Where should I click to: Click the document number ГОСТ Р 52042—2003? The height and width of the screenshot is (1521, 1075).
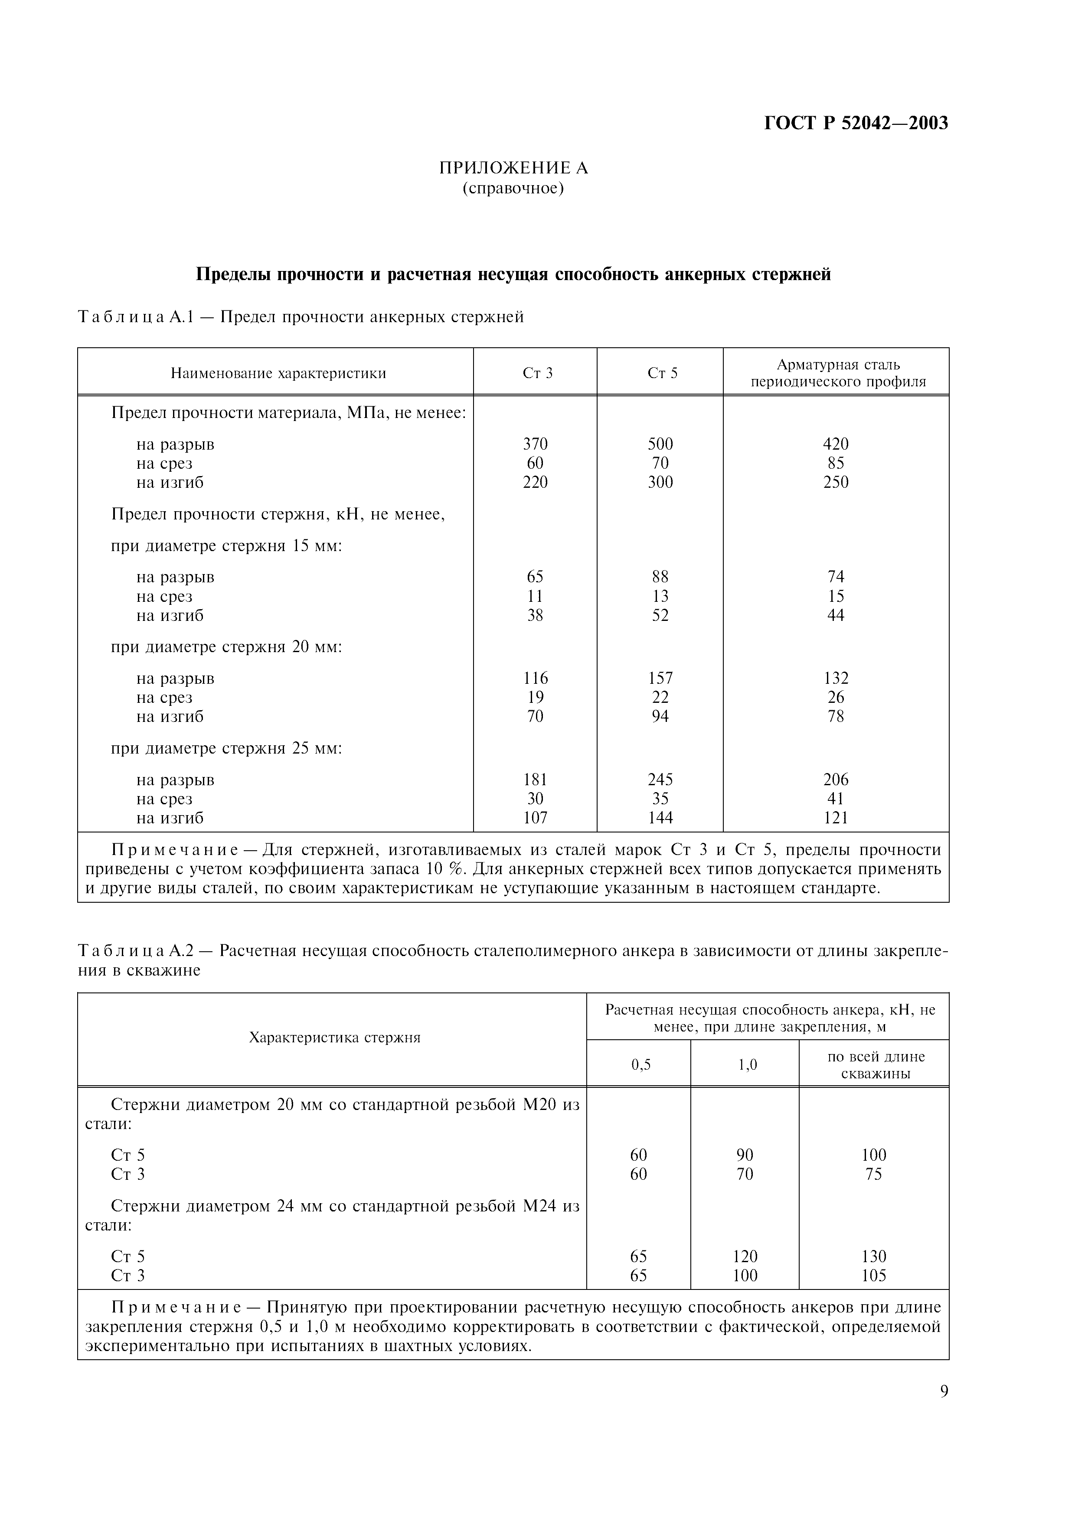click(x=856, y=123)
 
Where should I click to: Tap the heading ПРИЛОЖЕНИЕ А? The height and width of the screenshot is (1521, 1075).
click(x=513, y=168)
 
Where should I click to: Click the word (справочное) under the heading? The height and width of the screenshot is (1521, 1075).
click(x=513, y=189)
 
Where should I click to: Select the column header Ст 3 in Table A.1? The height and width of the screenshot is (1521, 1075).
click(x=537, y=373)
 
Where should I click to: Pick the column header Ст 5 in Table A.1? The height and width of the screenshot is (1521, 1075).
click(x=662, y=373)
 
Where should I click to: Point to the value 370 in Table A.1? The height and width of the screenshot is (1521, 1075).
click(x=535, y=444)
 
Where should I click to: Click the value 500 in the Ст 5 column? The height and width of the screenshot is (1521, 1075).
click(x=660, y=444)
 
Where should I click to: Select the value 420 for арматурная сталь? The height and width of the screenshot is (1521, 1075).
click(x=836, y=444)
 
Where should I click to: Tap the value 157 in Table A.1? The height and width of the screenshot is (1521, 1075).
click(x=660, y=679)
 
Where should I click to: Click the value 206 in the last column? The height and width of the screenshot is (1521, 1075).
click(x=836, y=780)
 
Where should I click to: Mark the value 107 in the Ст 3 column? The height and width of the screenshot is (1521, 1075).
click(x=535, y=818)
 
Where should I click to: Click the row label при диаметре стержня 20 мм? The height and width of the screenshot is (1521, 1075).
click(x=226, y=646)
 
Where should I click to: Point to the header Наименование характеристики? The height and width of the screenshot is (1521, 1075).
click(x=278, y=373)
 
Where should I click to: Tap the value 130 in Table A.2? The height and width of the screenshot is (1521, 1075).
click(x=874, y=1257)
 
